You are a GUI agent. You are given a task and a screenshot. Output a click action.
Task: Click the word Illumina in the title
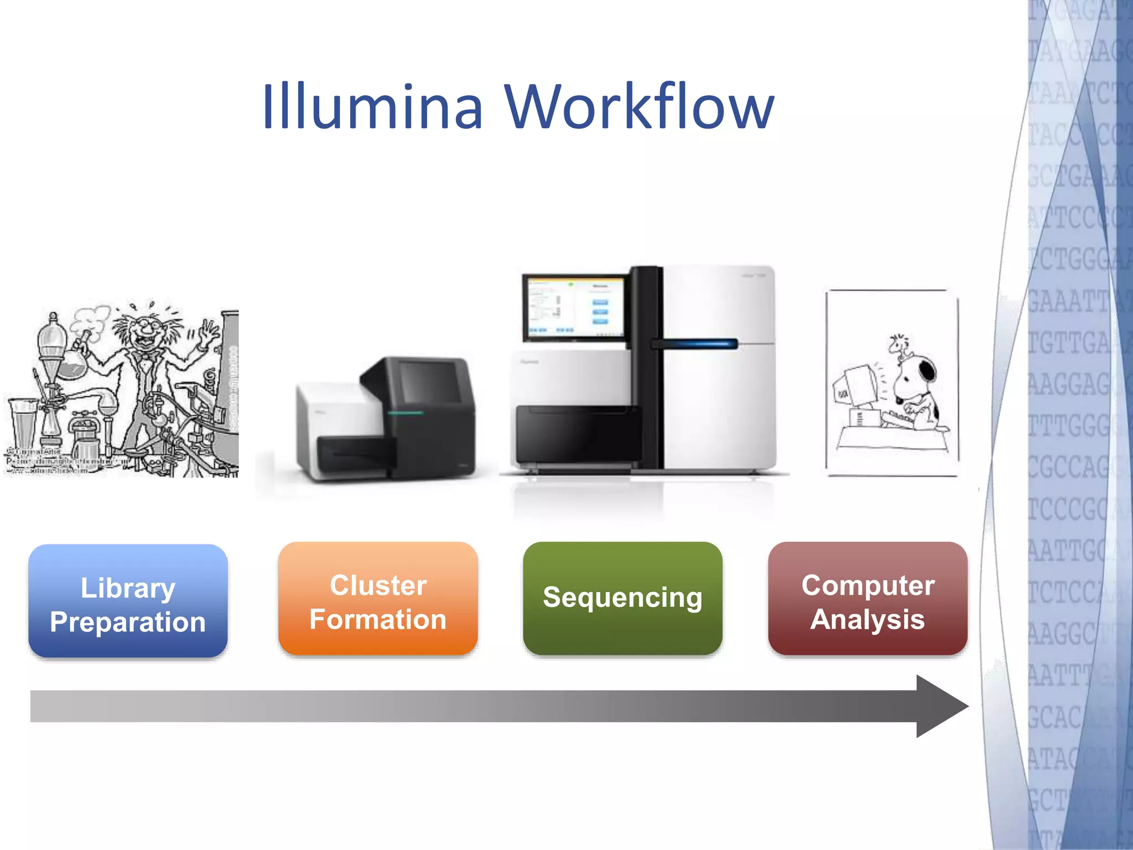point(372,106)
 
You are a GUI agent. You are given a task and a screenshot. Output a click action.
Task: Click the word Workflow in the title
point(639,106)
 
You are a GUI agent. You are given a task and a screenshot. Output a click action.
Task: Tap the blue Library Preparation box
point(128,601)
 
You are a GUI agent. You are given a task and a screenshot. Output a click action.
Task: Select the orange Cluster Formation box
point(378,599)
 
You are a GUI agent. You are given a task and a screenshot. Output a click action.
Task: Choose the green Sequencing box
point(622,598)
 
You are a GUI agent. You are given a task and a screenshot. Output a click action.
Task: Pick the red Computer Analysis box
point(867,599)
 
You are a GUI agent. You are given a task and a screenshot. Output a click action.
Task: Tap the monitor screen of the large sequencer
point(574,307)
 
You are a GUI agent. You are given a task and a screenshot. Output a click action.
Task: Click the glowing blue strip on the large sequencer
point(700,344)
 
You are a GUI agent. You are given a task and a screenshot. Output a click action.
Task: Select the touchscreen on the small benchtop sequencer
point(430,381)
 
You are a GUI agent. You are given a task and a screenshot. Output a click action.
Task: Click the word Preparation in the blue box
point(128,621)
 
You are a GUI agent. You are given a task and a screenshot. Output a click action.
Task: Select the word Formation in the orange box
point(378,619)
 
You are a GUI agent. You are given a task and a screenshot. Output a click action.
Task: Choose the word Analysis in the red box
point(867,619)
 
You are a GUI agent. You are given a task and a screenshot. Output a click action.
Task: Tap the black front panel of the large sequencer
point(575,435)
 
